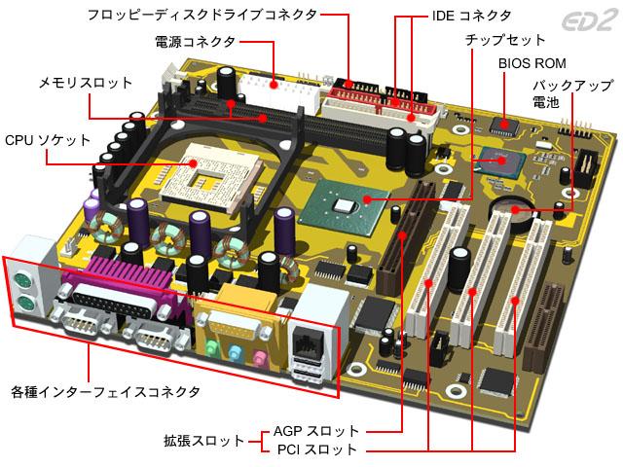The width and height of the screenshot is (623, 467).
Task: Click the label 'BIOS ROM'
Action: click(x=532, y=63)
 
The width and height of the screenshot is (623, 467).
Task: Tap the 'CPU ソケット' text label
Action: click(x=48, y=140)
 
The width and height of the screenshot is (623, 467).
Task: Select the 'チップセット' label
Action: click(x=505, y=40)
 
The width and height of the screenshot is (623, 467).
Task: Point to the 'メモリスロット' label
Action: click(x=86, y=83)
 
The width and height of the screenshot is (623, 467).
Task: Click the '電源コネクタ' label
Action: click(x=195, y=42)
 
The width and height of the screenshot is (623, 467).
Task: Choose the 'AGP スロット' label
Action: click(x=316, y=431)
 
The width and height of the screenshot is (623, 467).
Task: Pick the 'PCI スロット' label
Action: click(x=317, y=449)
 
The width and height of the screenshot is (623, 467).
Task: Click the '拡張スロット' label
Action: click(x=204, y=441)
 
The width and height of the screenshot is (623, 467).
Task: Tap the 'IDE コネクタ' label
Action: click(x=471, y=16)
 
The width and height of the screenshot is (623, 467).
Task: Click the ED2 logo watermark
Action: click(x=591, y=20)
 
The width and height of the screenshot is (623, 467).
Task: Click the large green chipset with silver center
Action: click(x=344, y=206)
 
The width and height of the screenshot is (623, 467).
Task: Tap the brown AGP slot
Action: click(x=405, y=238)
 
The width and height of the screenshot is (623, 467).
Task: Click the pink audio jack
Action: click(x=259, y=357)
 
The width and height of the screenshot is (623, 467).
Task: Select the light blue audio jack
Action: click(x=236, y=352)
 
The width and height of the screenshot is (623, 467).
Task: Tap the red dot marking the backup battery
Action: click(x=515, y=209)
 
